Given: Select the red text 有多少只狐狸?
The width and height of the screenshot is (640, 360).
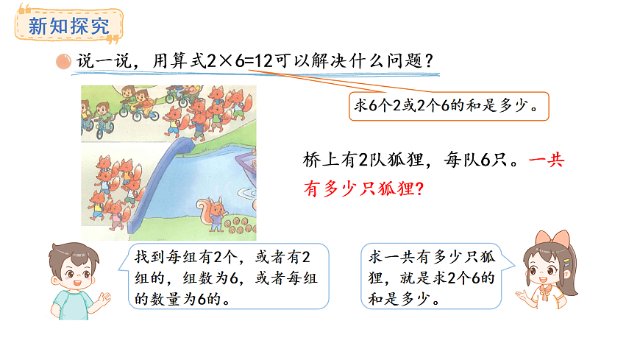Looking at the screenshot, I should (x=363, y=188).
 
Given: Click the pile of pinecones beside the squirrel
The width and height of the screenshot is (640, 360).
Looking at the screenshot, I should (x=237, y=225).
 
